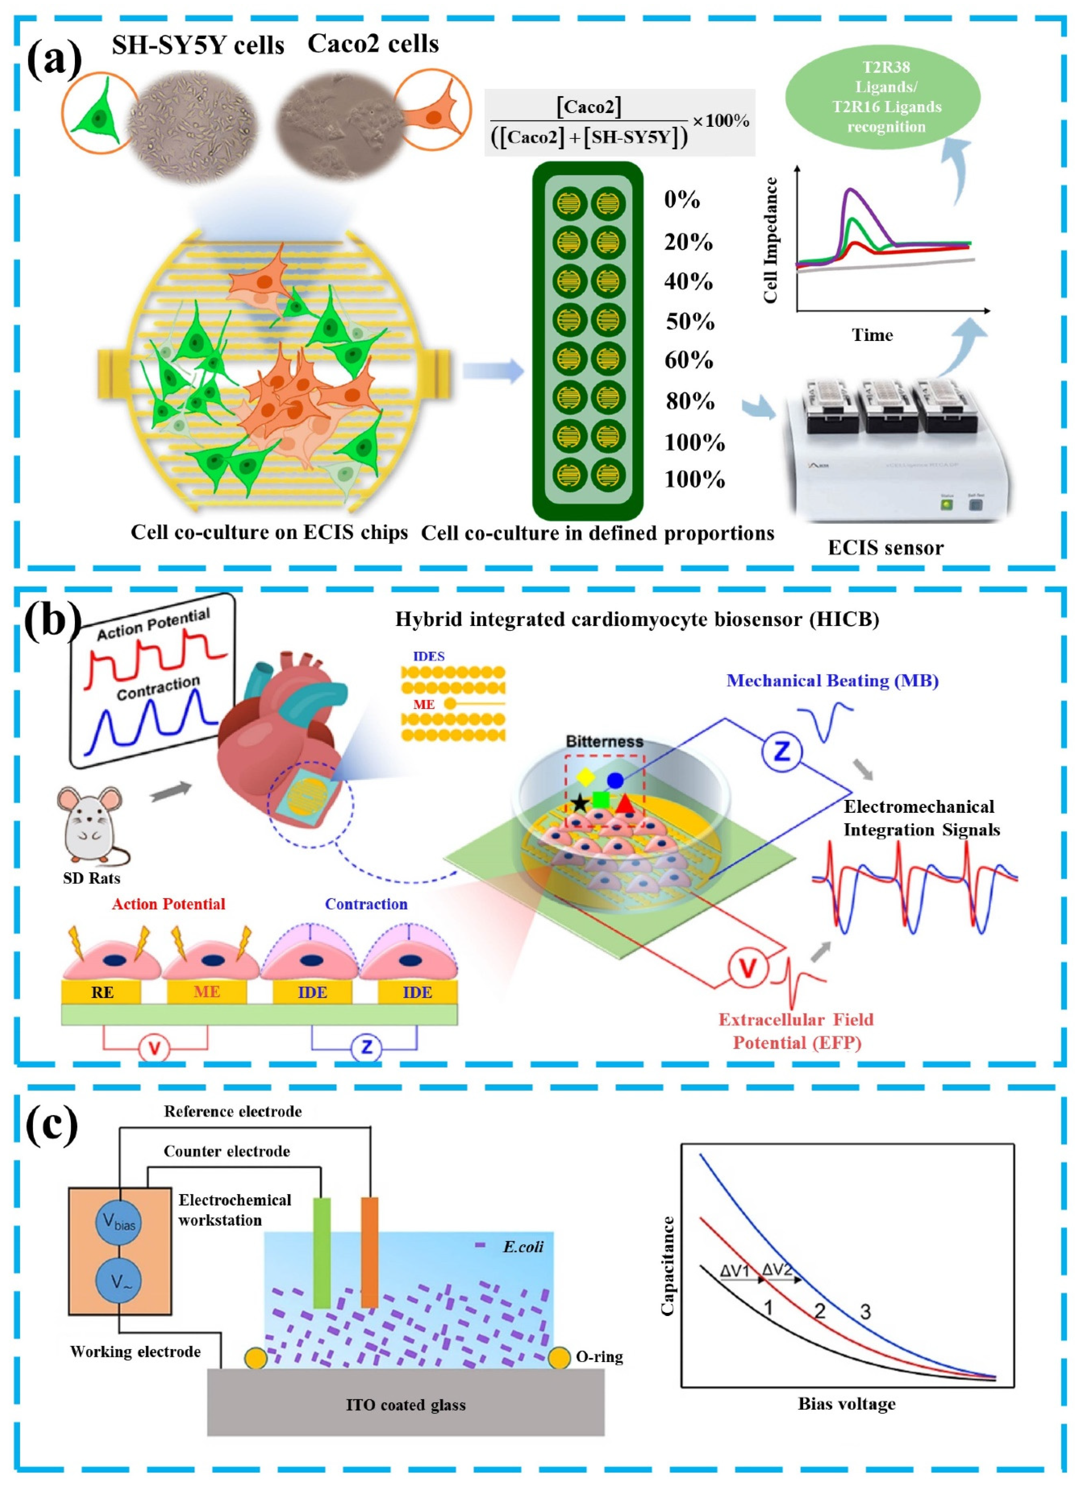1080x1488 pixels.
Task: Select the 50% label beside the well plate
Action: (690, 321)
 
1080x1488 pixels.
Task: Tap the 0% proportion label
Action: (682, 200)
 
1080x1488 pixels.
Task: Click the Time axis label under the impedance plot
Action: (872, 335)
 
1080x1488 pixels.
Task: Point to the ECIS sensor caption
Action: (885, 548)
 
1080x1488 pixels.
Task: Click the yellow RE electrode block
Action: (102, 992)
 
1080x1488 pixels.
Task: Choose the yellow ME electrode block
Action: (207, 992)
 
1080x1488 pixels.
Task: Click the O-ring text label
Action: (599, 1357)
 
